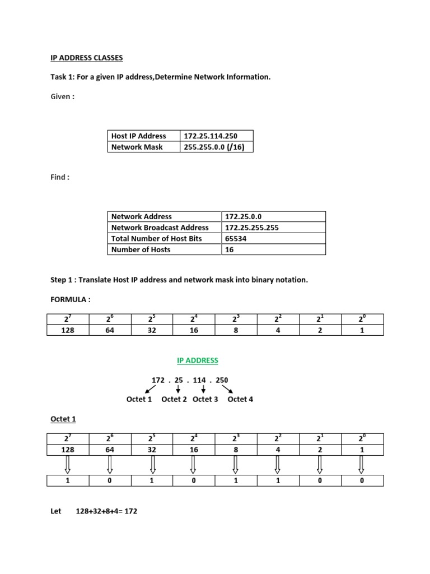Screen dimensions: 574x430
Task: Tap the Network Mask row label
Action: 137,147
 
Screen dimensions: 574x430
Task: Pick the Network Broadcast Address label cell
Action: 160,228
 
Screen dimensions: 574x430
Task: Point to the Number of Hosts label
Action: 141,249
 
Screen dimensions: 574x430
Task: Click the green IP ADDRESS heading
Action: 197,360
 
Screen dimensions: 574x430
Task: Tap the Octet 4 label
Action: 240,399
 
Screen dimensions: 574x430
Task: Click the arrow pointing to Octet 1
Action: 151,389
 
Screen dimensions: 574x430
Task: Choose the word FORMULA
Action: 68,299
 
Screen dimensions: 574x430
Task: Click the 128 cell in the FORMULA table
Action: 68,330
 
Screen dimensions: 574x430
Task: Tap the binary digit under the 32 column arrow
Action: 152,481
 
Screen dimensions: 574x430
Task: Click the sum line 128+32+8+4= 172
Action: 106,511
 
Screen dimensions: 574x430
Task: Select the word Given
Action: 60,96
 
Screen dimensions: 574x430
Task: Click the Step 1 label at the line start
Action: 63,280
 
